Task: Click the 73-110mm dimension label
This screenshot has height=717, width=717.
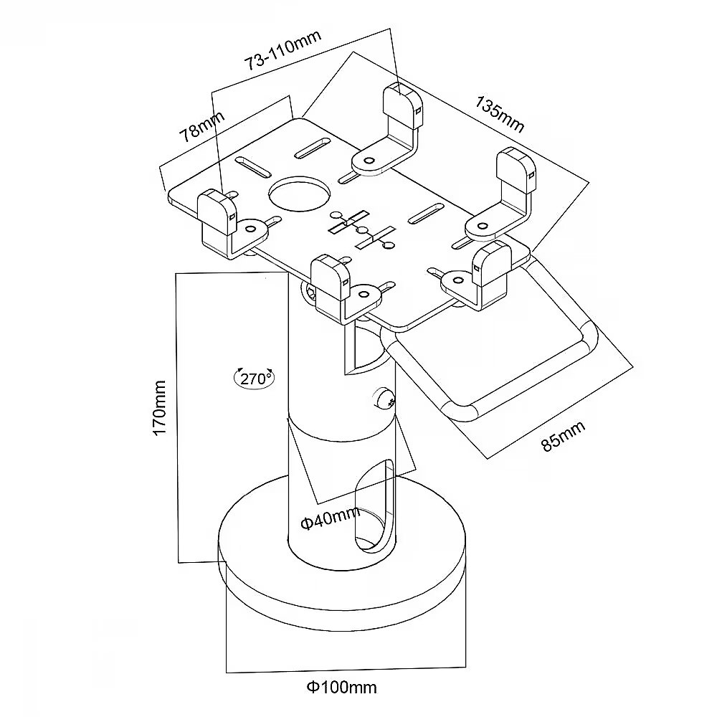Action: click(x=282, y=50)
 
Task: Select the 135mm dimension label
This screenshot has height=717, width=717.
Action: click(x=500, y=113)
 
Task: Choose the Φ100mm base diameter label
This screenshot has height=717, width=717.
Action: click(x=342, y=688)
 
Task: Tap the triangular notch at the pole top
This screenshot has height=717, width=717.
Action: click(x=358, y=351)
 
